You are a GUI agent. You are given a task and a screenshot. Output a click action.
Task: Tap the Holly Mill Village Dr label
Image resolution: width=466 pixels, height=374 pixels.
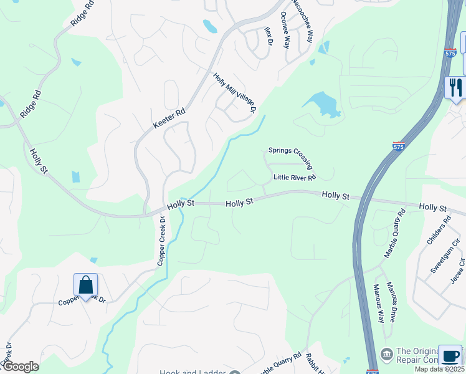click(235, 93)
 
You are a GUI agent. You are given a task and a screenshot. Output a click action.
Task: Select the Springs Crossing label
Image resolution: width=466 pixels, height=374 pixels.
click(290, 156)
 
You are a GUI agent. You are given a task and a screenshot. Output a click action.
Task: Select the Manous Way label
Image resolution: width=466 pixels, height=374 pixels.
click(379, 303)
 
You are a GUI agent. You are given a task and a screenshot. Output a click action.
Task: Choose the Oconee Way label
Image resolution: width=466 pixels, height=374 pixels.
click(285, 29)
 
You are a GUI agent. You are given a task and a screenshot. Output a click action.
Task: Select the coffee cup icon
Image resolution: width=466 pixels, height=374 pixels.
click(450, 356)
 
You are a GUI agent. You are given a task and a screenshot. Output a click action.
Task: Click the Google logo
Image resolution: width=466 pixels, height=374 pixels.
click(21, 367)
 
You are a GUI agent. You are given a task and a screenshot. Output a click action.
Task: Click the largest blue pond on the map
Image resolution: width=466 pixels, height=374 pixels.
click(322, 103)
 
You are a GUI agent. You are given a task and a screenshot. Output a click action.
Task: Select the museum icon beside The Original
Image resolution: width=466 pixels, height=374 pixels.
click(386, 354)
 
